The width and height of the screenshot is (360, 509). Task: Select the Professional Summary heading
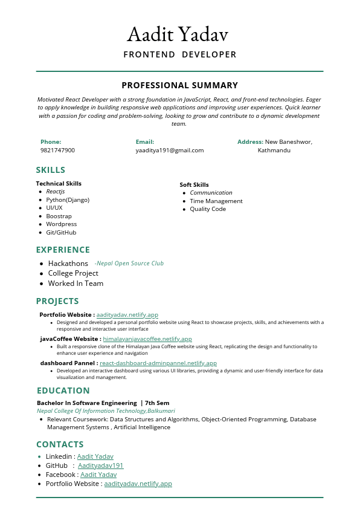(x=180, y=85)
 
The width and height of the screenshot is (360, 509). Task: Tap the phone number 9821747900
(x=58, y=150)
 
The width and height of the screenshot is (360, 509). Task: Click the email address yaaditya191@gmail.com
(x=170, y=150)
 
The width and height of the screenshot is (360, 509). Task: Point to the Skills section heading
(x=51, y=170)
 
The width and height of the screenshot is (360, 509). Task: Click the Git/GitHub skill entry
(x=61, y=232)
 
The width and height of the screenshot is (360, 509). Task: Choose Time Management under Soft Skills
(x=216, y=201)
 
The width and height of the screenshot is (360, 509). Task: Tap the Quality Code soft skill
(x=208, y=209)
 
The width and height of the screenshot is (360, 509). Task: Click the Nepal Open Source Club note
(x=129, y=264)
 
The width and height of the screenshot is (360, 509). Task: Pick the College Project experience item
(x=73, y=273)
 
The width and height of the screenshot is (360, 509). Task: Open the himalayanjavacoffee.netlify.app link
(x=147, y=339)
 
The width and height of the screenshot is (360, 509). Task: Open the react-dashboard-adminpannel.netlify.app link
(x=158, y=363)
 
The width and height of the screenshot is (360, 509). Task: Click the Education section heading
(x=63, y=391)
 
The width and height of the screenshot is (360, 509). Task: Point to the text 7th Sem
(x=157, y=403)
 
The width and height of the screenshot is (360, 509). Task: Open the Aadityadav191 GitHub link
(x=100, y=465)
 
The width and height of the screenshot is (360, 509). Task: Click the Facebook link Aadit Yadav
(x=98, y=475)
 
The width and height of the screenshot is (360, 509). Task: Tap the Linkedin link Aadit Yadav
(x=95, y=456)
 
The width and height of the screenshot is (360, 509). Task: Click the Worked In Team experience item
(x=76, y=284)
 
